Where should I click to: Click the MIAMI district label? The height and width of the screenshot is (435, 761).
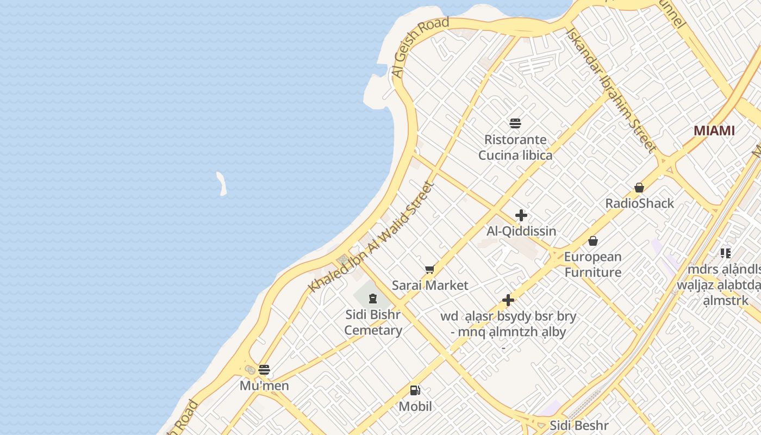(714, 130)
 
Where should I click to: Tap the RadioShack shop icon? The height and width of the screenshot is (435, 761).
(639, 188)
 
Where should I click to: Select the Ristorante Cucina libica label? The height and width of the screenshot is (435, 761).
(515, 147)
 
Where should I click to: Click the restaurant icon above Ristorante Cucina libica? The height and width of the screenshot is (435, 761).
(515, 123)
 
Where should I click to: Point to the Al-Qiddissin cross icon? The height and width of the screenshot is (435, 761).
(521, 215)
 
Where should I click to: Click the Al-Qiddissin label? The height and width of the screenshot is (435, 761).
(521, 231)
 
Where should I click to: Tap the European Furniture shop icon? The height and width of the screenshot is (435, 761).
(593, 240)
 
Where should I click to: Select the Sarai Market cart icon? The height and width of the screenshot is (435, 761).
(430, 270)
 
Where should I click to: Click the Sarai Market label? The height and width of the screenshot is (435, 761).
(430, 285)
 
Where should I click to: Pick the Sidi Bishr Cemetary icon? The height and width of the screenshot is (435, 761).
(373, 299)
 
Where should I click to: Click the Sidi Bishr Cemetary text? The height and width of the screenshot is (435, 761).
(373, 322)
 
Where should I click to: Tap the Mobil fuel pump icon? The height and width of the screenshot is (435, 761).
(415, 390)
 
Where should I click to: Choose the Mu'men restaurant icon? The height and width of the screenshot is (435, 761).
(264, 370)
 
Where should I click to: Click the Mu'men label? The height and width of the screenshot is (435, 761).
(264, 386)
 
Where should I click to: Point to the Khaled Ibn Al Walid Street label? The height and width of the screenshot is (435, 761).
(372, 237)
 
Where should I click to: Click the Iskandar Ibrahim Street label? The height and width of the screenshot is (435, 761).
(611, 89)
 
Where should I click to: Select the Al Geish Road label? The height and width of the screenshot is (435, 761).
(420, 47)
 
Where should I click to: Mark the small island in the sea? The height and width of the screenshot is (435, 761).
(221, 184)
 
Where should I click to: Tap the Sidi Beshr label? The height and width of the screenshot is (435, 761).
(579, 425)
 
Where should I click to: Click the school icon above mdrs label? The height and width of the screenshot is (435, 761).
(726, 253)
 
